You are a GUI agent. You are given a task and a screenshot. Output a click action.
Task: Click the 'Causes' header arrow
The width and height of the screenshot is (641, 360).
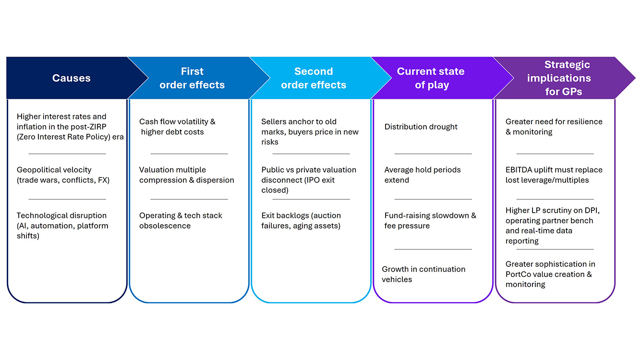click(71, 78)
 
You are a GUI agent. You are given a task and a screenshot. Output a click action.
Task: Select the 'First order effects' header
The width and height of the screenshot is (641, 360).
click(192, 78)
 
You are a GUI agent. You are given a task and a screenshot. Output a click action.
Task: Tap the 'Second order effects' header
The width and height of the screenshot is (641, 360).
click(314, 78)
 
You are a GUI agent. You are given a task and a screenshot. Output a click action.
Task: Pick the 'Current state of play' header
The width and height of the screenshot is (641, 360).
click(431, 78)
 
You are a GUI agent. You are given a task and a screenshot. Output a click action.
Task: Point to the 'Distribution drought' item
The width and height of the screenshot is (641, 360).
click(421, 127)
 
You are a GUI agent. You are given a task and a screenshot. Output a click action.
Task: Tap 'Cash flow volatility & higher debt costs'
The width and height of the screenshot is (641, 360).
click(177, 127)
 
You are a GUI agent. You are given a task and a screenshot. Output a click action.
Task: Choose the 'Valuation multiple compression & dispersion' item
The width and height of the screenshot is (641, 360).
click(186, 175)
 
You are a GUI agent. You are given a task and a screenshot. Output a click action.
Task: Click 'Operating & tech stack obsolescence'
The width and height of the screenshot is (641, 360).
click(181, 221)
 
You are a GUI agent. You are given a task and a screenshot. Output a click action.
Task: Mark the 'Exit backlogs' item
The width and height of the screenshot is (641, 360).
click(301, 221)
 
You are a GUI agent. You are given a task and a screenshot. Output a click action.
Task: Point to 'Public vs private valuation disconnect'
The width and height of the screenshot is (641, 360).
click(308, 180)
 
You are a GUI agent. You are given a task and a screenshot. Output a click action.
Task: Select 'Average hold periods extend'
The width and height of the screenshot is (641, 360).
click(422, 175)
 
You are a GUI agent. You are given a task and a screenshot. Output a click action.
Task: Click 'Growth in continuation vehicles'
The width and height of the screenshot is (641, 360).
click(423, 274)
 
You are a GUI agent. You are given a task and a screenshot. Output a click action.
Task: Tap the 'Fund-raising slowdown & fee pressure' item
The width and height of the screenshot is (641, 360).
click(430, 221)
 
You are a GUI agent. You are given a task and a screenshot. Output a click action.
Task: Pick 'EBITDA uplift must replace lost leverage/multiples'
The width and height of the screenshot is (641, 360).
click(554, 175)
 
